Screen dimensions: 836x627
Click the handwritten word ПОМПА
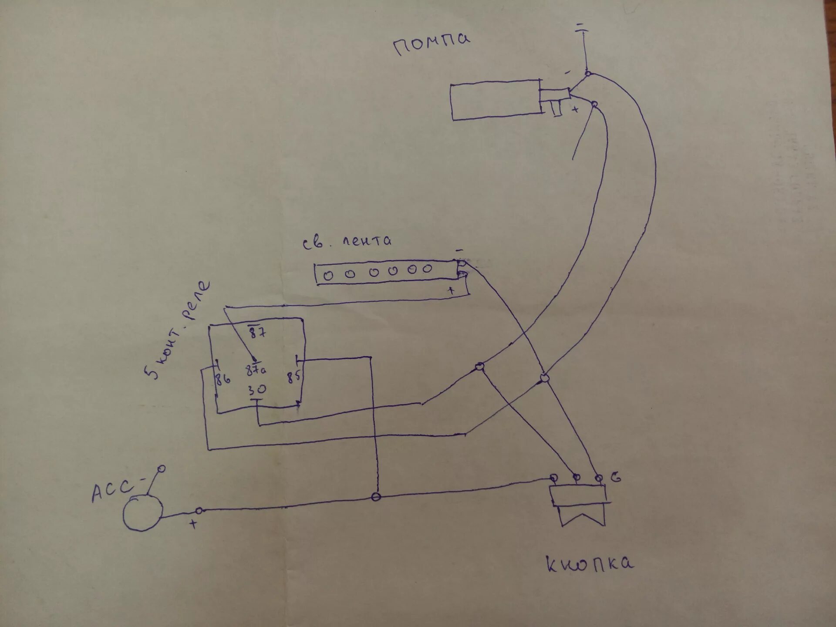pyautogui.click(x=432, y=44)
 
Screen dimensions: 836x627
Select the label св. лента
pyautogui.click(x=347, y=241)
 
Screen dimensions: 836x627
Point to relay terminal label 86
pyautogui.click(x=222, y=379)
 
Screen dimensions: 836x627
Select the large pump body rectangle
pyautogui.click(x=496, y=100)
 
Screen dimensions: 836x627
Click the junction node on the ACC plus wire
pyautogui.click(x=377, y=497)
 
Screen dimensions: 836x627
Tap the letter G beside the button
pyautogui.click(x=615, y=478)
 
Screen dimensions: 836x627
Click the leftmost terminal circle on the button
pyautogui.click(x=554, y=477)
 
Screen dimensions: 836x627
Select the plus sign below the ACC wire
pyautogui.click(x=194, y=524)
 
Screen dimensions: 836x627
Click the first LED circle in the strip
pyautogui.click(x=328, y=275)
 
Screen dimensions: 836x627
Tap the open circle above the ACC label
pyautogui.click(x=161, y=469)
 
